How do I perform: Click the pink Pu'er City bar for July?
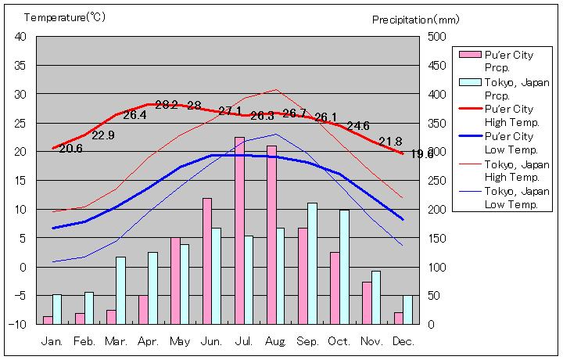tap(239, 230)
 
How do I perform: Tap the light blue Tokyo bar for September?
tap(312, 263)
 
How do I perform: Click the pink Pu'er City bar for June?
tap(207, 261)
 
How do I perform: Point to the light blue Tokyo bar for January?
tap(57, 308)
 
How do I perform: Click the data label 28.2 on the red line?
tap(167, 105)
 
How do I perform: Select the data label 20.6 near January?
tap(70, 149)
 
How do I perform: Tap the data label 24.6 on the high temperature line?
tap(358, 125)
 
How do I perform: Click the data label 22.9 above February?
tap(103, 135)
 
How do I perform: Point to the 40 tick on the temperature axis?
tap(20, 37)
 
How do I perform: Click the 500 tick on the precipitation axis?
tap(437, 37)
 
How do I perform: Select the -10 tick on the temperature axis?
tap(19, 324)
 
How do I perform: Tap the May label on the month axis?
tap(179, 342)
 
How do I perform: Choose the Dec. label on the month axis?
tap(402, 342)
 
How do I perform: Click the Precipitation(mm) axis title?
tap(405, 20)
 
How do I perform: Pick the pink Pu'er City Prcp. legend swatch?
tap(470, 55)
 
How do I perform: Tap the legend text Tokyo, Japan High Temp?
tap(517, 170)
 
